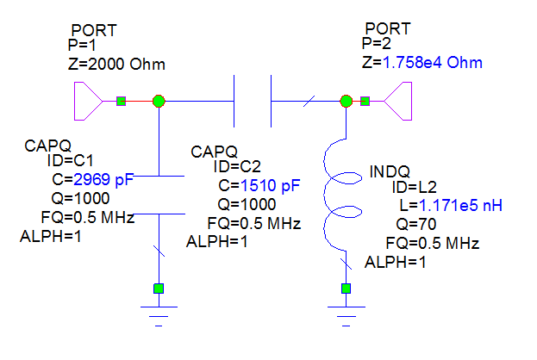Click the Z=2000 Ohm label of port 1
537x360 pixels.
coord(116,64)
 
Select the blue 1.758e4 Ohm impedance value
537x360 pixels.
coord(432,62)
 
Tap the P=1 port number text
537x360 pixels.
coord(82,45)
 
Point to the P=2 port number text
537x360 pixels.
coord(376,43)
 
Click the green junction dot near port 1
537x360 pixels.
coord(159,102)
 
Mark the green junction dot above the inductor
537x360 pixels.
coord(347,101)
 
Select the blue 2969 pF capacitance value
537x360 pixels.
coord(103,179)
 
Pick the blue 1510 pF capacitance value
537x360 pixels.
coord(270,185)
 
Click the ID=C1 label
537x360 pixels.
coord(70,160)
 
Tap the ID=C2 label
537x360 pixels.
coord(237,167)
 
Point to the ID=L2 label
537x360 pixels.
coord(415,187)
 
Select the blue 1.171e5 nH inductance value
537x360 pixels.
coord(460,205)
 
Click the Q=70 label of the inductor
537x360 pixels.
coord(415,224)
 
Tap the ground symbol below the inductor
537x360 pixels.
coord(347,316)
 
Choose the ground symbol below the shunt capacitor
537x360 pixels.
coord(159,316)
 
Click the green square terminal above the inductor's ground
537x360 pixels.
coord(347,289)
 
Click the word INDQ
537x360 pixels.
coord(390,171)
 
